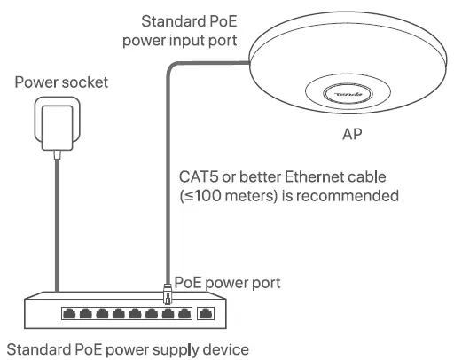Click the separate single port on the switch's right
(x=207, y=313)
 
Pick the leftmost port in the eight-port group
(x=69, y=313)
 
